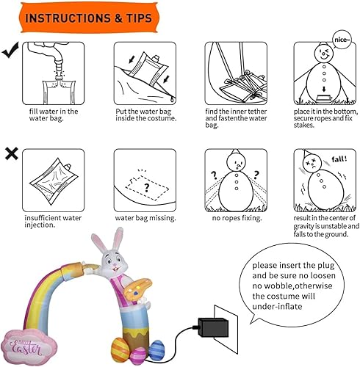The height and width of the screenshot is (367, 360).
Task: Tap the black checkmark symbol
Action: click(11, 51)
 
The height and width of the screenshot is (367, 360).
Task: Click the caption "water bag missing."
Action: click(144, 217)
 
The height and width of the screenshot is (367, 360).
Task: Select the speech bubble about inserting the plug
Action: click(298, 280)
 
